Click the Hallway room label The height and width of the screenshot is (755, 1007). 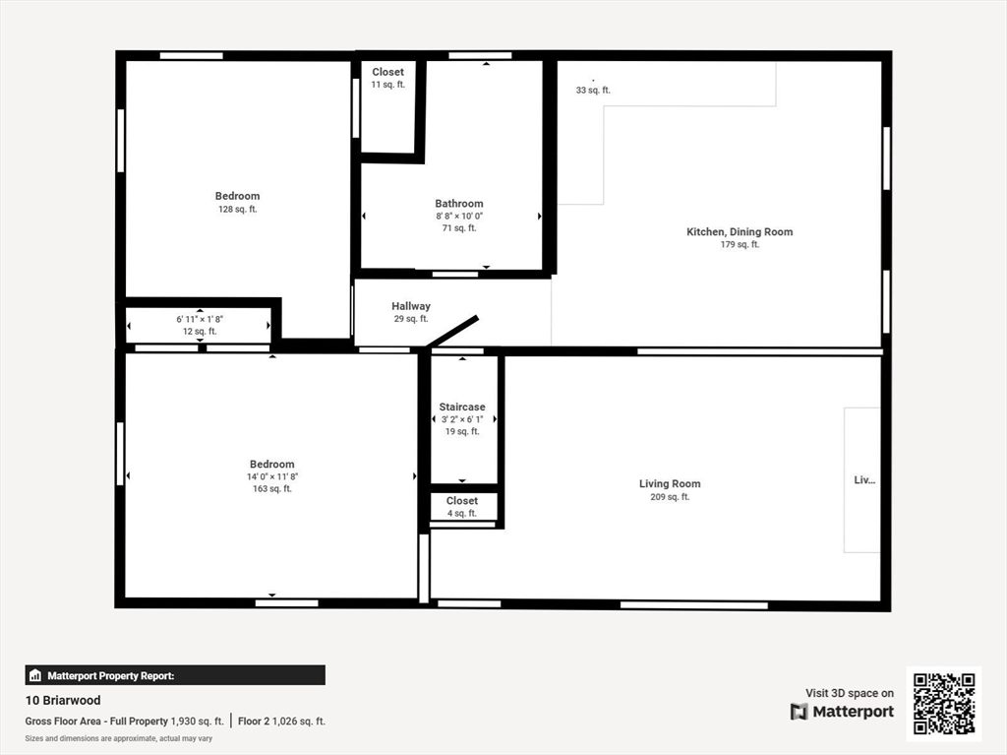(411, 306)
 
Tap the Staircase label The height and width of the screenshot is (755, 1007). (461, 407)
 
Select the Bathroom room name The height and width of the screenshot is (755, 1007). (459, 204)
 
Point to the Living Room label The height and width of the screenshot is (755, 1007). (670, 483)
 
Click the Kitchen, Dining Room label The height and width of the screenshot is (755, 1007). (740, 232)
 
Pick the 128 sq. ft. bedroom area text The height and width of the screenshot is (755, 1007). (238, 210)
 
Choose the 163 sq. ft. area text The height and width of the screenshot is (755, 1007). (272, 489)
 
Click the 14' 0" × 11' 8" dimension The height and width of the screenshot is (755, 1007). (272, 476)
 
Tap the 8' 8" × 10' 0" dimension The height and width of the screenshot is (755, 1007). (459, 216)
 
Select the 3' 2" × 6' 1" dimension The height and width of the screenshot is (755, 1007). (461, 419)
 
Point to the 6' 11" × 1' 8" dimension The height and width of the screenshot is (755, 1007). (200, 319)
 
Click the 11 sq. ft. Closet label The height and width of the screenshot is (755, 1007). (387, 85)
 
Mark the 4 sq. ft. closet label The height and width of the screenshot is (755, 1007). (461, 513)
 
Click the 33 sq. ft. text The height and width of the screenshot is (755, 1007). (593, 91)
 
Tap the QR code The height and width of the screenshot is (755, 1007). (944, 703)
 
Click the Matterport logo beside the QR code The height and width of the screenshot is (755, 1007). (842, 712)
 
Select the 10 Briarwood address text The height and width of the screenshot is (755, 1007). (63, 701)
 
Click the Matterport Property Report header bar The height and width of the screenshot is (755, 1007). (175, 675)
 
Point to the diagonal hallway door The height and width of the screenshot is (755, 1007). (453, 331)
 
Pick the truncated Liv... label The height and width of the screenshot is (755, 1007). (863, 480)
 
